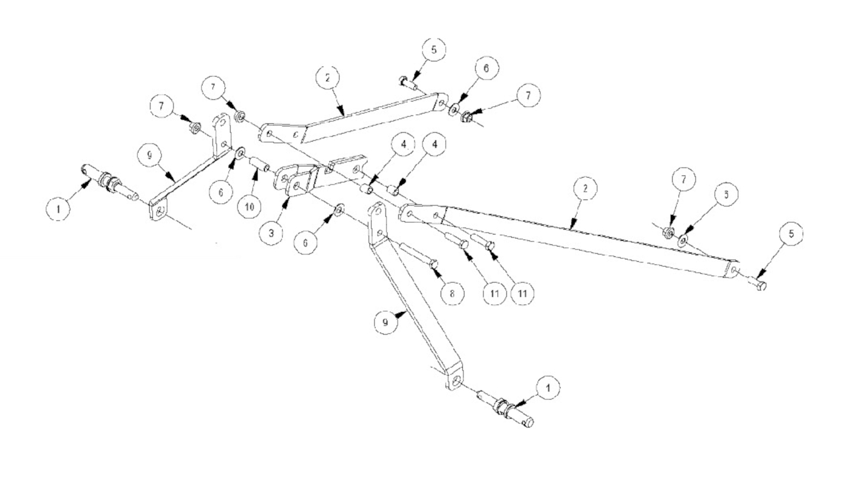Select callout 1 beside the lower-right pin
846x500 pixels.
pyautogui.click(x=548, y=388)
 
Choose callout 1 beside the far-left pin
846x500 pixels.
pyautogui.click(x=59, y=210)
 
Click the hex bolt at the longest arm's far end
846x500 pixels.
pyautogui.click(x=758, y=285)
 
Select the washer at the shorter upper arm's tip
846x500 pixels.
pyautogui.click(x=455, y=108)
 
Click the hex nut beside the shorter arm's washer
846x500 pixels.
pyautogui.click(x=468, y=112)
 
